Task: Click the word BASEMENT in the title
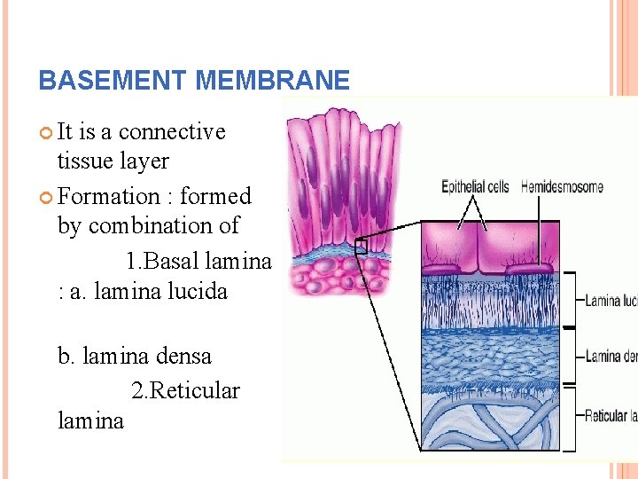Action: [113, 81]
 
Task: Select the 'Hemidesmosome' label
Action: [562, 187]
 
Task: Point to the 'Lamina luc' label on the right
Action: [611, 301]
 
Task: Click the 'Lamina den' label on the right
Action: [611, 357]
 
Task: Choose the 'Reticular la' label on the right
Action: [611, 415]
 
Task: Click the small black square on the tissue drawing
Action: [361, 247]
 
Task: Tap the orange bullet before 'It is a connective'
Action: [46, 132]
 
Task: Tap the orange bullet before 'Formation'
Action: [46, 197]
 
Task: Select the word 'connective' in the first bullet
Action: [172, 131]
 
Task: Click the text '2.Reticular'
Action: [185, 390]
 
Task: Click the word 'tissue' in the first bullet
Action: [85, 161]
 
